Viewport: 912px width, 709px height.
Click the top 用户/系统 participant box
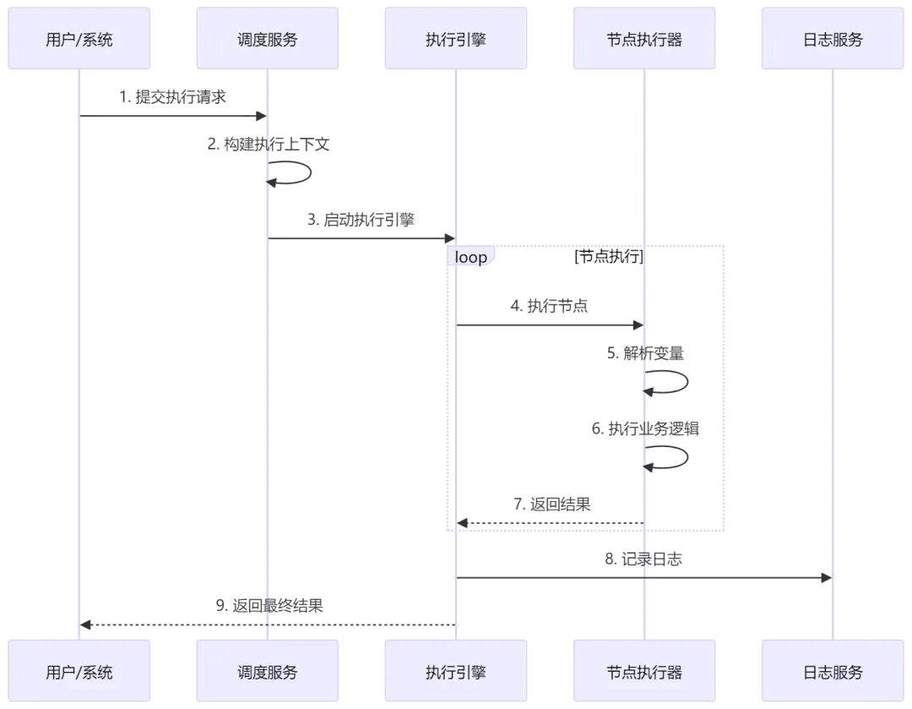coord(79,40)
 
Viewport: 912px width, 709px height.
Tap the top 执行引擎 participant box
coord(456,40)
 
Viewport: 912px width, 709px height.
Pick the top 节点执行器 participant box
coord(644,40)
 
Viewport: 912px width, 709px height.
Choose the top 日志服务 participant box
coord(833,40)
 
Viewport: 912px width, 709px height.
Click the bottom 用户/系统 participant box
coord(79,673)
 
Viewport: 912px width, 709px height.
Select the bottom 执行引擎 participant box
coord(456,673)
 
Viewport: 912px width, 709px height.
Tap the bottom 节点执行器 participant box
coord(644,673)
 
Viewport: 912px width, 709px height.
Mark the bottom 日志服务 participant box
coord(833,673)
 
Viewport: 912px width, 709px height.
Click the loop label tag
coord(471,258)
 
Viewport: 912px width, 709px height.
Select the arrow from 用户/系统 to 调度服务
coord(169,117)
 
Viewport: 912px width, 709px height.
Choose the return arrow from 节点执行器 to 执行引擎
coord(549,523)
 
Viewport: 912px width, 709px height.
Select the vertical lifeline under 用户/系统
coord(79,380)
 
